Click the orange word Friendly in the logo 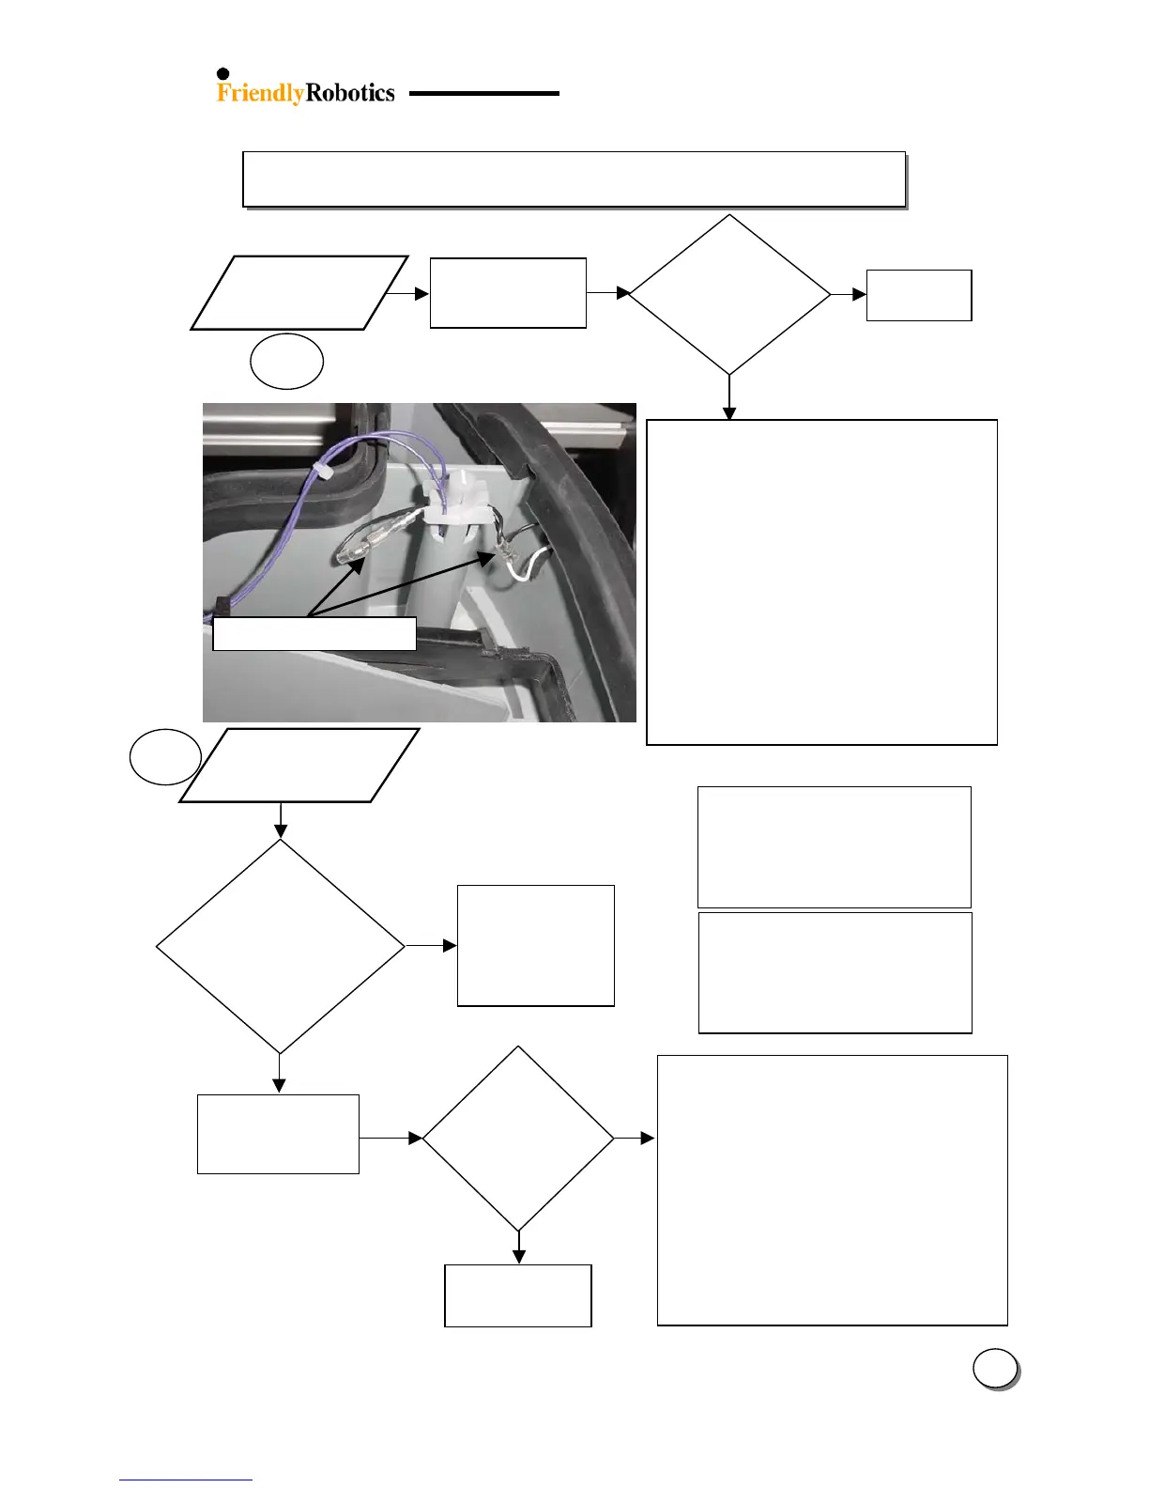[x=260, y=93]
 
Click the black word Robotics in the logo [x=350, y=93]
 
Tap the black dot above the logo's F [x=223, y=74]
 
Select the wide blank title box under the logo [x=574, y=178]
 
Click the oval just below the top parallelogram [x=287, y=361]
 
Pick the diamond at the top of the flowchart [x=729, y=295]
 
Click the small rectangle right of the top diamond [x=918, y=295]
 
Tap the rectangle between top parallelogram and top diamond [x=508, y=293]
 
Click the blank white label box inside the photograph [x=314, y=633]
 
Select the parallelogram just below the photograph [x=299, y=765]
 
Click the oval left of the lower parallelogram [x=165, y=757]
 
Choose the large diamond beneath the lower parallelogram [x=280, y=946]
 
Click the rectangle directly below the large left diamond [x=278, y=1134]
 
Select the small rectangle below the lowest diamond [x=517, y=1295]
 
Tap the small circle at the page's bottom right [x=994, y=1368]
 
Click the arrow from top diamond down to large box [x=729, y=397]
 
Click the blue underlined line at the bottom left [x=186, y=1480]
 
